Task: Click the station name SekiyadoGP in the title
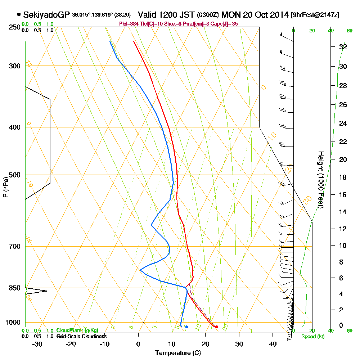click(46, 15)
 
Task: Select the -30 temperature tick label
click(37, 344)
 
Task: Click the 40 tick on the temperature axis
click(273, 344)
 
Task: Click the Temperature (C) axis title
click(178, 353)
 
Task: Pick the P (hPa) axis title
click(5, 187)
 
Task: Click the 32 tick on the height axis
click(343, 47)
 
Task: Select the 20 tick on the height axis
click(343, 159)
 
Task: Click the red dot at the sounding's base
click(216, 327)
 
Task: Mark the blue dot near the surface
click(186, 327)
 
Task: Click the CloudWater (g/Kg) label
click(77, 330)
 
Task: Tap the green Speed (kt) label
click(311, 337)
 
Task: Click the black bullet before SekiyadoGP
click(18, 15)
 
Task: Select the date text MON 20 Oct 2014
click(255, 15)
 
